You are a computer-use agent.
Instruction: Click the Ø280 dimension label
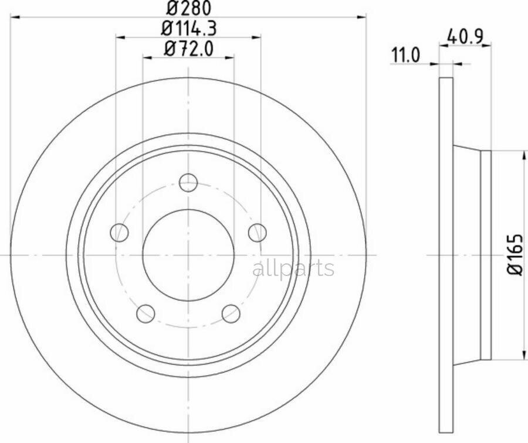pyautogui.click(x=188, y=8)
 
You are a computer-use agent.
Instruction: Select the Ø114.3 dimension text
pyautogui.click(x=188, y=28)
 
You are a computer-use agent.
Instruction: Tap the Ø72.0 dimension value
pyautogui.click(x=188, y=49)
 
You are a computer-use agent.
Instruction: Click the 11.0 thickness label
pyautogui.click(x=405, y=55)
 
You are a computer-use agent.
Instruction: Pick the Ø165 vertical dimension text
pyautogui.click(x=515, y=255)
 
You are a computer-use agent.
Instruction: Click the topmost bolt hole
pyautogui.click(x=188, y=183)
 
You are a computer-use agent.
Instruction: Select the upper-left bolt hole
pyautogui.click(x=120, y=233)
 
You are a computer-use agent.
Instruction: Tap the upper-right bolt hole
pyautogui.click(x=258, y=233)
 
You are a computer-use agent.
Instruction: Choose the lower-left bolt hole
pyautogui.click(x=146, y=313)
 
